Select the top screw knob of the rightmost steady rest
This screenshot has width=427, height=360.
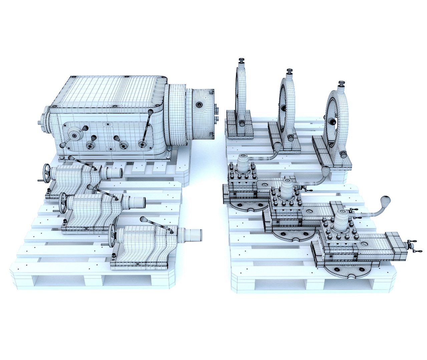click(x=341, y=83)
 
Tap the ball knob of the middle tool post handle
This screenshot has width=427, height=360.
click(x=325, y=171)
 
